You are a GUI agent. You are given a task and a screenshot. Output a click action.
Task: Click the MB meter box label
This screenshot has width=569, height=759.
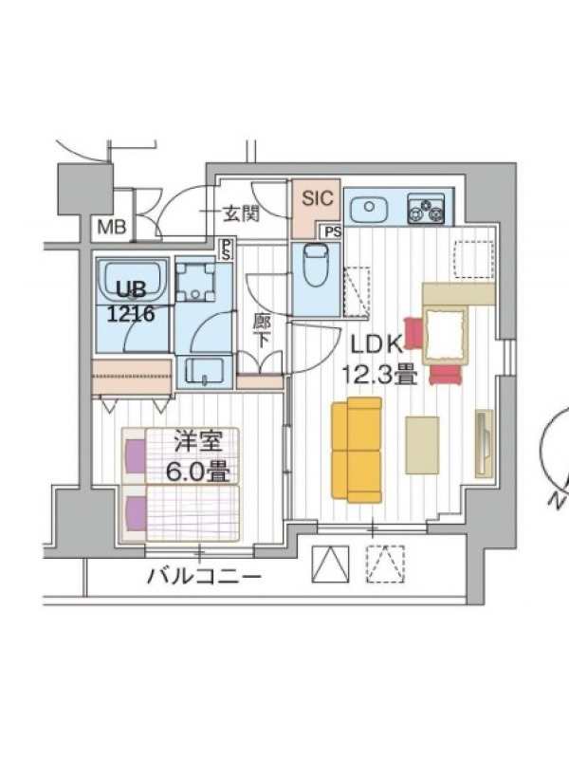coord(112,227)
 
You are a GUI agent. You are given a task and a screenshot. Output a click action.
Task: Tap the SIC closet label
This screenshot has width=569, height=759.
coord(318,198)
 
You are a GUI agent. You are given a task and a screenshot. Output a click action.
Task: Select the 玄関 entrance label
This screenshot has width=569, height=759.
coord(241,213)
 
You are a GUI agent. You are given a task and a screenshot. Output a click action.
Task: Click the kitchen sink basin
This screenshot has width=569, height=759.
coord(369,208)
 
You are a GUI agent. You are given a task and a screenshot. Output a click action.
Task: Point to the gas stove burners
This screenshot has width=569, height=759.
coord(426,208)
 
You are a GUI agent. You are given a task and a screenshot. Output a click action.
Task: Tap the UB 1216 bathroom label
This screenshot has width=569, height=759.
coord(131,302)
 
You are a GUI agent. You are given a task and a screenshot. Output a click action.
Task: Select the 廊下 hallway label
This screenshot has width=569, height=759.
coord(262,331)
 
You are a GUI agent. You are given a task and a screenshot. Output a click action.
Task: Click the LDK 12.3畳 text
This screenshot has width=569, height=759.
coord(378,360)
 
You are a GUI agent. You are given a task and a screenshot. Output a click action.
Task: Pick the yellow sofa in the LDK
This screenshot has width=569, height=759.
coord(357,450)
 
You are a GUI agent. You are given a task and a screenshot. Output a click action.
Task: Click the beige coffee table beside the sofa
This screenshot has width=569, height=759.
coord(422,445)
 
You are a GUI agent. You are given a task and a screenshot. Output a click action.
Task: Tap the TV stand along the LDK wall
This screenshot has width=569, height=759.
coord(484,443)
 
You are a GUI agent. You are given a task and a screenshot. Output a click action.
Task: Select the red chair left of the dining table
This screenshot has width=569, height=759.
coord(413,333)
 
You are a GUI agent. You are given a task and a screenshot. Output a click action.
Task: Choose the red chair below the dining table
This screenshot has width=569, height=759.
coord(445,375)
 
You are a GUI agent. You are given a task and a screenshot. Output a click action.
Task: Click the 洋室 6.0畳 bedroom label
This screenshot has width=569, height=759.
coord(198,457)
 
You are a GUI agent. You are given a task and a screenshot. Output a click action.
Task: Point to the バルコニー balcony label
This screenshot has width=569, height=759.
coord(205,577)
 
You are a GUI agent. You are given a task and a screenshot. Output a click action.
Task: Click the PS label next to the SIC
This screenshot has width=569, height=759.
coord(334,231)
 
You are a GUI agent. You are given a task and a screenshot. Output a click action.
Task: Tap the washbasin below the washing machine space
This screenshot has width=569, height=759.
coord(205,372)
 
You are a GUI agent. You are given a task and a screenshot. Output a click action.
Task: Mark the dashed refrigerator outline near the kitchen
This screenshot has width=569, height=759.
coord(474,259)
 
